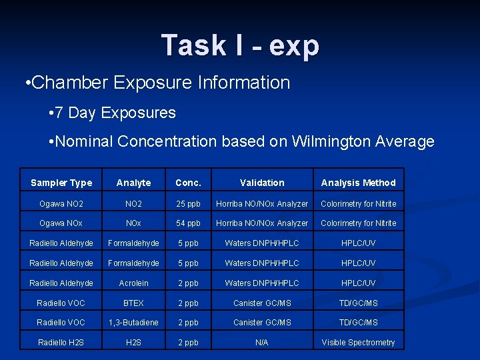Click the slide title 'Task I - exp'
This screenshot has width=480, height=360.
[x=240, y=45]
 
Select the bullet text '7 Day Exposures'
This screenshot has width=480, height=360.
[x=115, y=113]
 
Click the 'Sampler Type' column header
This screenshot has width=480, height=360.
[x=61, y=183]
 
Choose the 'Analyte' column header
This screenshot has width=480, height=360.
[x=133, y=183]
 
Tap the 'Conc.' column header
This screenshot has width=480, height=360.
[x=188, y=183]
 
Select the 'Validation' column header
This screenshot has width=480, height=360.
[x=262, y=183]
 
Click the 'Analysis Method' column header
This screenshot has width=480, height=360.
[x=358, y=183]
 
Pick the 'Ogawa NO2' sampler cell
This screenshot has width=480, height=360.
[x=61, y=203]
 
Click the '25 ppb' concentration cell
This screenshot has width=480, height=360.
[x=188, y=203]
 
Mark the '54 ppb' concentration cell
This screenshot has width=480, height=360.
[x=188, y=223]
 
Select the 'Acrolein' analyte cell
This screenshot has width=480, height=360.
[x=133, y=283]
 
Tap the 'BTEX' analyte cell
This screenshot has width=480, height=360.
[x=133, y=303]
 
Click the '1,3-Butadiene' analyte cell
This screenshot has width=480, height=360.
[x=133, y=322]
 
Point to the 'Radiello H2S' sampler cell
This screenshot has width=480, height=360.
[x=61, y=343]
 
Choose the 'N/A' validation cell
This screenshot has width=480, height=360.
[x=262, y=343]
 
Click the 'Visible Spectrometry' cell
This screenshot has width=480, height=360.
[x=358, y=343]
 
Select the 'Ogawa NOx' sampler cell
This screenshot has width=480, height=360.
[x=61, y=223]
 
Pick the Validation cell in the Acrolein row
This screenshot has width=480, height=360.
[x=262, y=283]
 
